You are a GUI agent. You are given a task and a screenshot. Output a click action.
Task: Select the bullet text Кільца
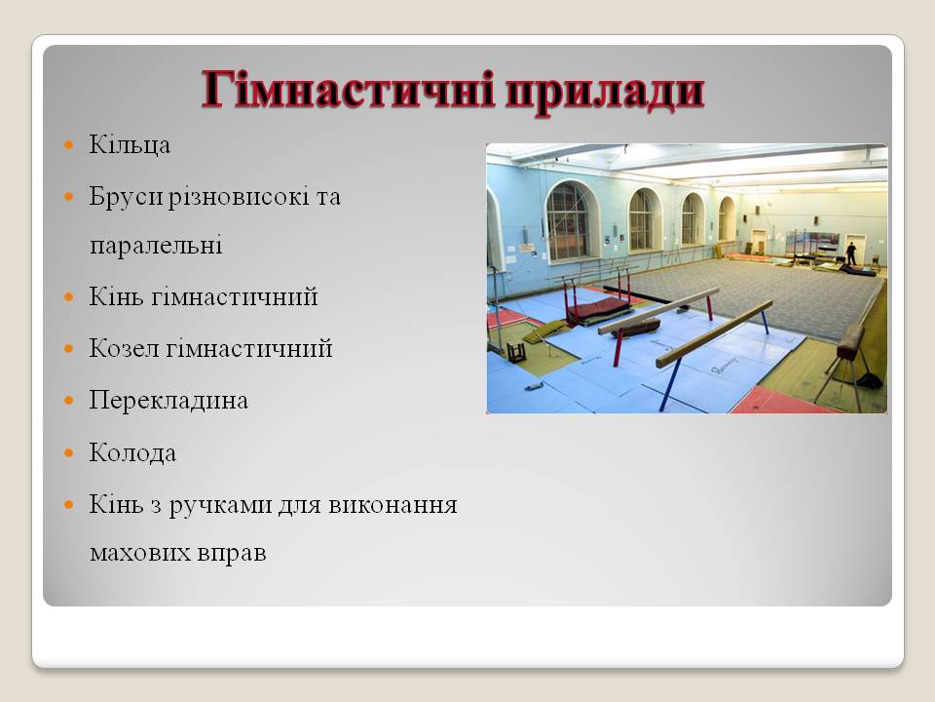point(130,145)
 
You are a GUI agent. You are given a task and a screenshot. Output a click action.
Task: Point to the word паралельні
point(156,245)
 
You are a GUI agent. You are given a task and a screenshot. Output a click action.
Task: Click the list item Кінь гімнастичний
point(203,297)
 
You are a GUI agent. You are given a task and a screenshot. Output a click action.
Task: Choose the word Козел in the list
point(123,349)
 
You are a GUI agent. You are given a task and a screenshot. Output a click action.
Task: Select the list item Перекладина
point(168,401)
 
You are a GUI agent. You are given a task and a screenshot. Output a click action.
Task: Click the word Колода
point(132,453)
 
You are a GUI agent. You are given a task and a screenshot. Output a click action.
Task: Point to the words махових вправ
point(177,553)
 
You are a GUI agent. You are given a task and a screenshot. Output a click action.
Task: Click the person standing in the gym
point(851,253)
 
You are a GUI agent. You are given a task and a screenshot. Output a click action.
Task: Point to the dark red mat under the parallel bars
point(597,309)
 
